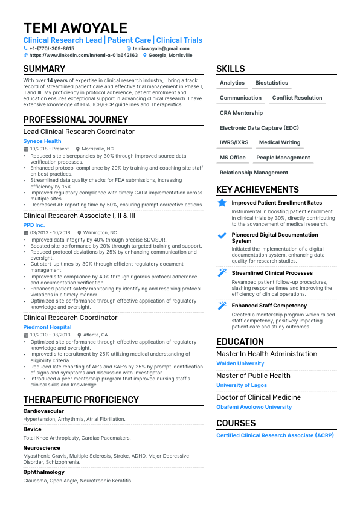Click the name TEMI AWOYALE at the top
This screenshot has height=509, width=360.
point(76,28)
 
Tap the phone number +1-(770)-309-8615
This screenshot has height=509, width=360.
point(51,48)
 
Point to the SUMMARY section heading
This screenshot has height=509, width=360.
point(44,69)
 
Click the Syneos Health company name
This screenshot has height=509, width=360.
point(42,141)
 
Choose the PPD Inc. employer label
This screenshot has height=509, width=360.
point(34,225)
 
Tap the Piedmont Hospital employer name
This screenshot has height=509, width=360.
point(47,327)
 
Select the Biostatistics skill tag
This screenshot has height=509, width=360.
point(271,83)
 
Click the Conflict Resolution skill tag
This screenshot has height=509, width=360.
point(297,98)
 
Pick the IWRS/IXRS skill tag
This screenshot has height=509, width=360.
point(234,142)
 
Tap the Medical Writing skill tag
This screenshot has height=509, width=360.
point(279,142)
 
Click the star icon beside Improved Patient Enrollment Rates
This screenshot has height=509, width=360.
point(222,203)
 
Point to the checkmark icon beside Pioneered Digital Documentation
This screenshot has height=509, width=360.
point(222,235)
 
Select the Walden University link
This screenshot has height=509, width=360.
point(240,363)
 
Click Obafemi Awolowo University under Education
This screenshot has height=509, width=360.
point(254,407)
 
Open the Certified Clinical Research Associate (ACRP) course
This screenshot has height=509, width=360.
point(275,435)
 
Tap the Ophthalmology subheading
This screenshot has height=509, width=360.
point(44,472)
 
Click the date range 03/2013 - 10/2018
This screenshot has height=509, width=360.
point(50,232)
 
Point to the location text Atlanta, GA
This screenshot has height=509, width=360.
point(96,335)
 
